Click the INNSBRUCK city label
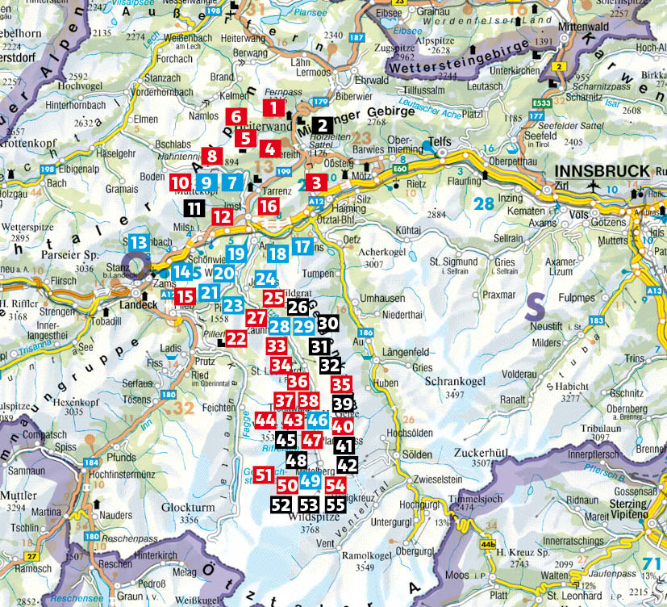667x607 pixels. [x=602, y=171]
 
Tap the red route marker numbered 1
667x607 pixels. [x=273, y=107]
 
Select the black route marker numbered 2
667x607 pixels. [x=321, y=125]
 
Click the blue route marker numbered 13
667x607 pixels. [x=139, y=242]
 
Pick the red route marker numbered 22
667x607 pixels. [x=236, y=338]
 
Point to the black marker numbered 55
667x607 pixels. [x=336, y=504]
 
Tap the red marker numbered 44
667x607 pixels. [x=265, y=421]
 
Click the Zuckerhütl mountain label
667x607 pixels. [x=471, y=454]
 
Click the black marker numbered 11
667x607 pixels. [x=194, y=207]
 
